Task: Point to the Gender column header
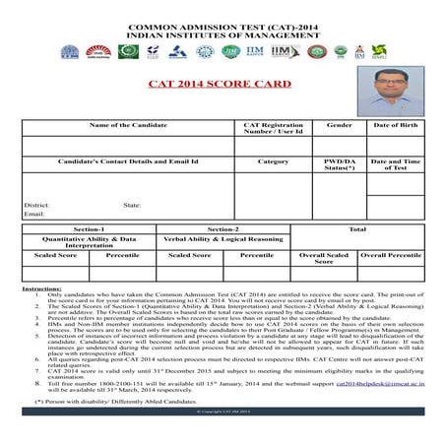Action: click(x=339, y=126)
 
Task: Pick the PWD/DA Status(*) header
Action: click(x=339, y=164)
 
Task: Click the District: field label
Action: click(x=36, y=204)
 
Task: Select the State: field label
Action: click(x=132, y=204)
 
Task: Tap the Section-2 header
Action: click(x=223, y=228)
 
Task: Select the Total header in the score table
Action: click(x=357, y=228)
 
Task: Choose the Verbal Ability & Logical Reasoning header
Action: click(x=223, y=238)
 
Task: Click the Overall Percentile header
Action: click(x=391, y=254)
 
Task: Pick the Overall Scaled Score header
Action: click(x=324, y=258)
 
